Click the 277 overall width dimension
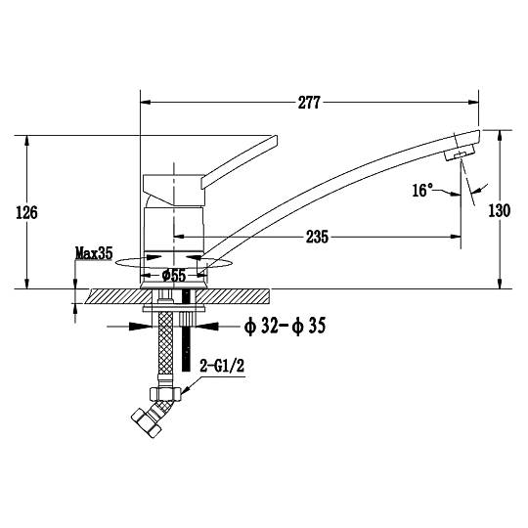click(x=309, y=103)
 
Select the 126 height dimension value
click(x=27, y=212)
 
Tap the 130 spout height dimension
click(x=500, y=211)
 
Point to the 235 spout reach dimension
click(x=317, y=237)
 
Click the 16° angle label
click(x=422, y=191)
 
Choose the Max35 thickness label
click(x=94, y=253)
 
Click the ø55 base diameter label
click(x=174, y=276)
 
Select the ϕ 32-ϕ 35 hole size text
click(x=285, y=326)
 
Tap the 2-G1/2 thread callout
click(x=222, y=366)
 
